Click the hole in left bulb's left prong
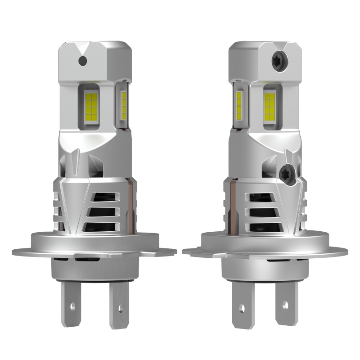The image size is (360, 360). coord(72,307)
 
